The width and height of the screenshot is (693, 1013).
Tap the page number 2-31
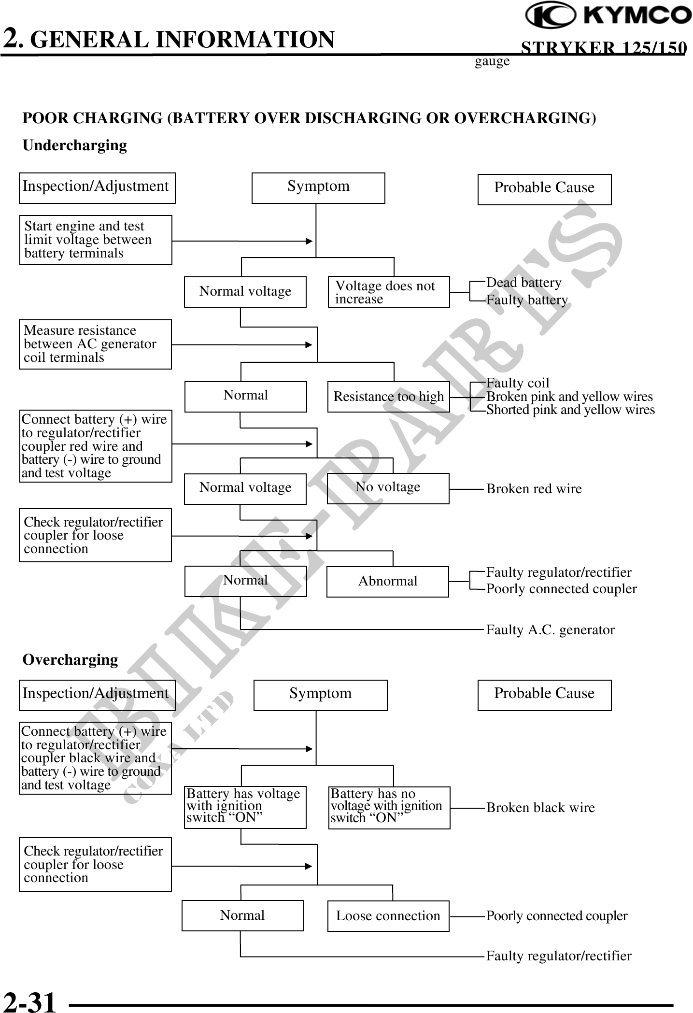point(29,1000)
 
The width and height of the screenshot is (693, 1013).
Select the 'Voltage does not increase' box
point(389,292)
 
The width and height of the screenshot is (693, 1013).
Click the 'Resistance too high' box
point(388,397)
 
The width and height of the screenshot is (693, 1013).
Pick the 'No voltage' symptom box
point(388,488)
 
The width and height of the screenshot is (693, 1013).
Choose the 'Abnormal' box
point(387,581)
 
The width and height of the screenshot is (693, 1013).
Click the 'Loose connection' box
point(388,916)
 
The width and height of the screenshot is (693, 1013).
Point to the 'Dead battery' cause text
point(523,283)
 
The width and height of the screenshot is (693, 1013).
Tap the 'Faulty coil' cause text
point(518,383)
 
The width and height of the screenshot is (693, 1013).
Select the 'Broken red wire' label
point(534,489)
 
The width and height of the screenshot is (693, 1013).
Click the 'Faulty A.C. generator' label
point(550,630)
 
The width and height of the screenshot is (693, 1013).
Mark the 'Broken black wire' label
point(540,808)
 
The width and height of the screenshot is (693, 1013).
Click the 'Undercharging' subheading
point(75,145)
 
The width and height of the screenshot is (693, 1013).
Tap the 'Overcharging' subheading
point(71,660)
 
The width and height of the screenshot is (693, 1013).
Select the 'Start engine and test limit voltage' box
point(96,240)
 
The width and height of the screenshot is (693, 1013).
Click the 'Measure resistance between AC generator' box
point(95,344)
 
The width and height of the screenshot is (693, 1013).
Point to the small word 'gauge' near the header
point(492,62)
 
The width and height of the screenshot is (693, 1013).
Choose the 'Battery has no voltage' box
point(389,808)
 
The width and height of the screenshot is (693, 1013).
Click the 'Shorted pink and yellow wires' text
point(570,410)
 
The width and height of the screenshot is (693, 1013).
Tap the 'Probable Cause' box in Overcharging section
point(544,695)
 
